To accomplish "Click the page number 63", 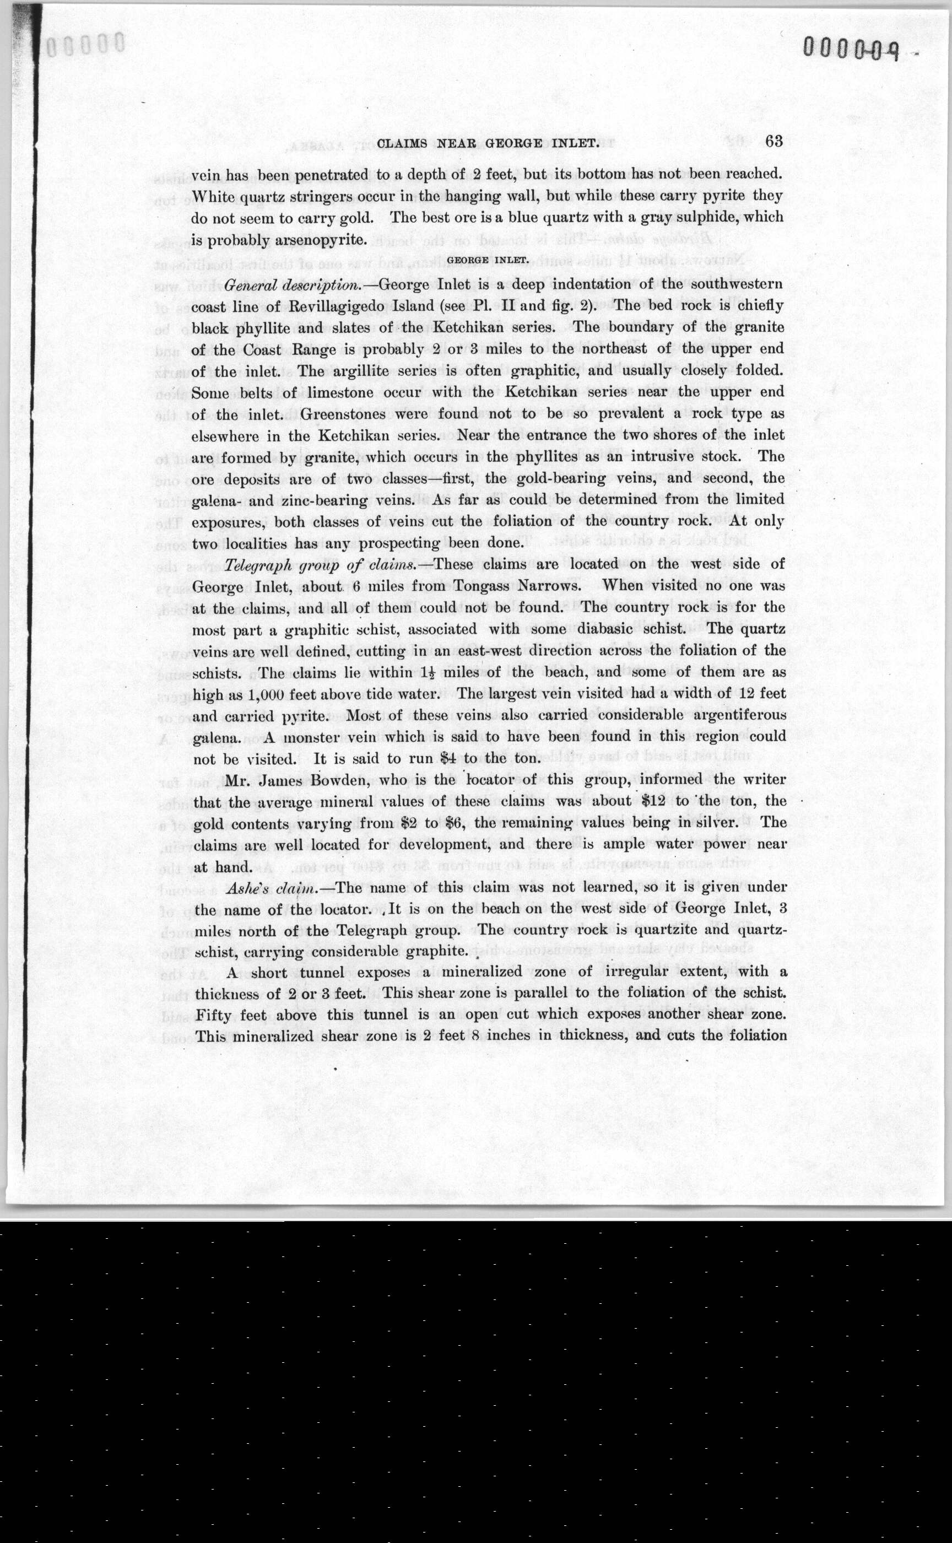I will pos(774,141).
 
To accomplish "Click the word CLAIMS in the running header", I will pos(402,144).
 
